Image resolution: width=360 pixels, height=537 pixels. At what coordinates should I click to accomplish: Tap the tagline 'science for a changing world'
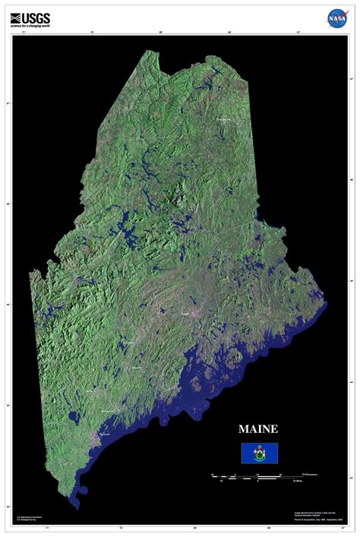coord(30,25)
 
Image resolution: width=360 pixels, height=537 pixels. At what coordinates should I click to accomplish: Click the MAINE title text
coord(259,429)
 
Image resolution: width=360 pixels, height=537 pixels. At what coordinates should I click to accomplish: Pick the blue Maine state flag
coord(259,453)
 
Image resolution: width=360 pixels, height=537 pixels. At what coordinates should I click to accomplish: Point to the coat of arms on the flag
coord(259,453)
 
